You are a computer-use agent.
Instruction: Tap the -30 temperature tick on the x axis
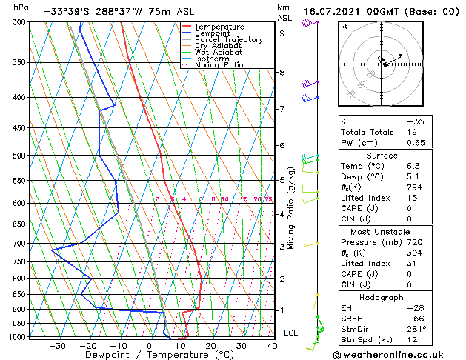pos(57,345)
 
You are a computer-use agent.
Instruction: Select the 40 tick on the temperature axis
pos(273,345)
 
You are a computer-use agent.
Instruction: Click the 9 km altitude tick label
pos(282,33)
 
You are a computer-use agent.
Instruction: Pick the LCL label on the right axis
pos(290,333)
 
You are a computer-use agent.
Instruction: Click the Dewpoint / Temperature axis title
pos(149,355)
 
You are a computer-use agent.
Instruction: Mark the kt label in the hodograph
pos(344,26)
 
